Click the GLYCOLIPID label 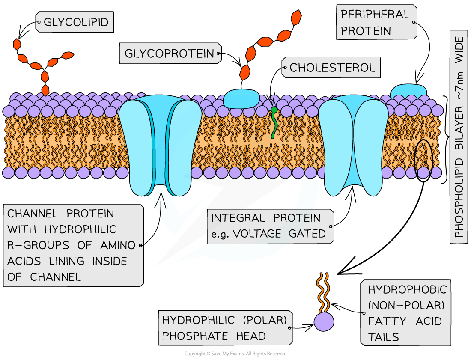pyautogui.click(x=75, y=22)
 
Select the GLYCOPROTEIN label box pyautogui.click(x=170, y=54)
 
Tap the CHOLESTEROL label pyautogui.click(x=332, y=68)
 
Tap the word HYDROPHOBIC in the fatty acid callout pyautogui.click(x=407, y=290)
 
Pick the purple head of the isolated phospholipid pyautogui.click(x=324, y=321)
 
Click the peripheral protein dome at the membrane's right pyautogui.click(x=408, y=90)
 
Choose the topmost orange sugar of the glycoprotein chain pyautogui.click(x=296, y=18)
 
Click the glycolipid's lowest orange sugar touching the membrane pyautogui.click(x=45, y=90)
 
